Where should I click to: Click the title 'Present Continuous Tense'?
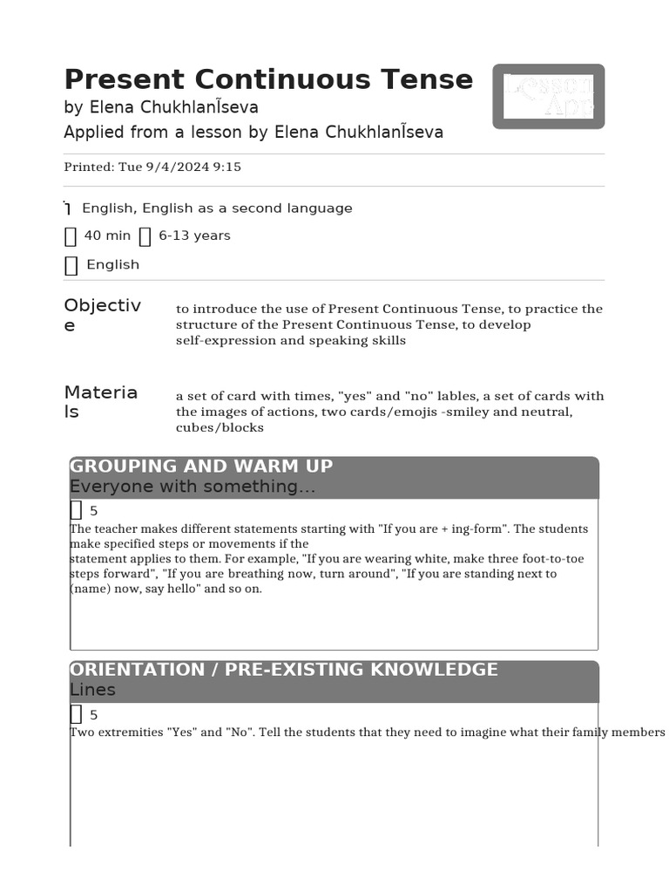tap(268, 79)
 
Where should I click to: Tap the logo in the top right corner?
tap(549, 96)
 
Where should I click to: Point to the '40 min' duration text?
tap(107, 235)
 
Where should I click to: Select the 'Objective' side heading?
tap(102, 315)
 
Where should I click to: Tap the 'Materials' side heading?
tap(100, 401)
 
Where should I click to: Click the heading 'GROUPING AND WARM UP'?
tap(201, 467)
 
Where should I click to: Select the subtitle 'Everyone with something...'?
tap(193, 487)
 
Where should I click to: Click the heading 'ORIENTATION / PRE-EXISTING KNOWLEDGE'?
tap(284, 670)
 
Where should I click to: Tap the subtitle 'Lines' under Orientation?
tap(92, 690)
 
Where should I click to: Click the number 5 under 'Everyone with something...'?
tap(94, 511)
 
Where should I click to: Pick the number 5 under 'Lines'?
tap(94, 715)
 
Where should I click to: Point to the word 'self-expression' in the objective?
tap(219, 340)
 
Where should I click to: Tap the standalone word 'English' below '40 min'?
tap(112, 265)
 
